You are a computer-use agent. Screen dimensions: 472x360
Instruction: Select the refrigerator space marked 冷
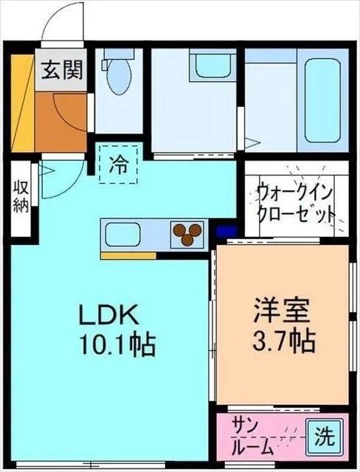click(x=117, y=164)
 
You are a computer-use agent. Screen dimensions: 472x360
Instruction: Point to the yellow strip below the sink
click(x=128, y=256)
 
